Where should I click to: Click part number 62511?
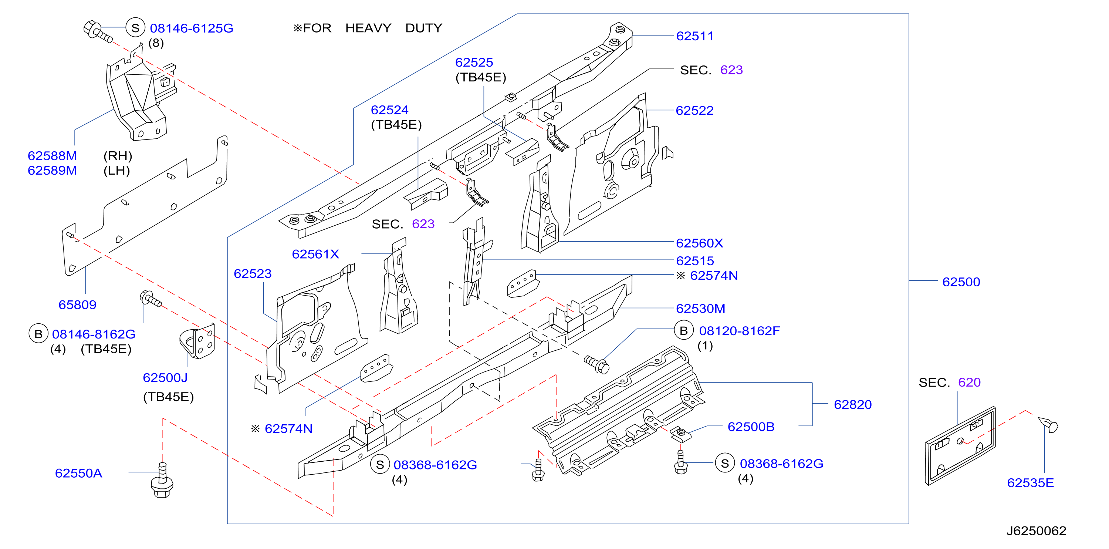click(694, 36)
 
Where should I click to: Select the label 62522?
click(694, 111)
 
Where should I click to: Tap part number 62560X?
click(699, 243)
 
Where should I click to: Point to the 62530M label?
click(700, 309)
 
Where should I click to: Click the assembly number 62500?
click(961, 282)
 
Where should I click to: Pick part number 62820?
click(852, 405)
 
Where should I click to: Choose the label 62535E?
click(1030, 483)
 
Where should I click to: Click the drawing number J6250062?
click(1036, 531)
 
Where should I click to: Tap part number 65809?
click(78, 305)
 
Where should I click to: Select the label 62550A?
click(78, 473)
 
